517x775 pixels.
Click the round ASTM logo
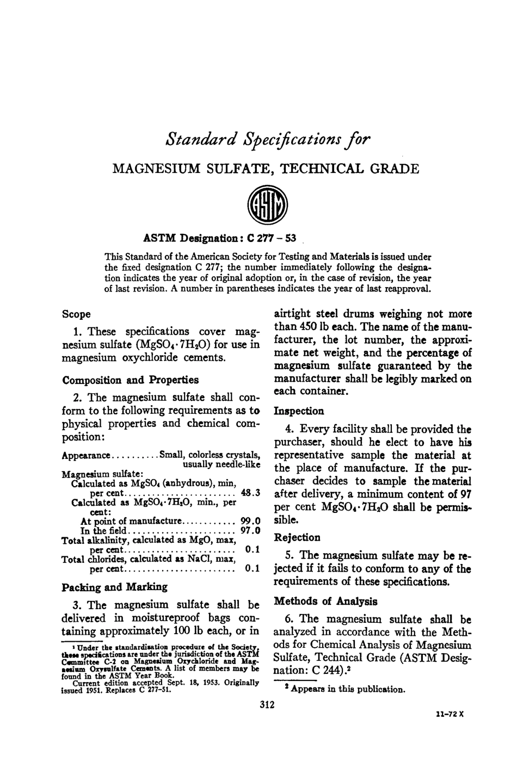tap(267, 208)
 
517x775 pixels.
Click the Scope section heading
tap(76, 314)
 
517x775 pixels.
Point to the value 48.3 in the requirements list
tap(251, 493)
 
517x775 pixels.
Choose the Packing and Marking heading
tap(115, 587)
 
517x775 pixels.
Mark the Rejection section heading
tap(297, 537)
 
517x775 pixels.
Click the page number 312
tap(267, 705)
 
